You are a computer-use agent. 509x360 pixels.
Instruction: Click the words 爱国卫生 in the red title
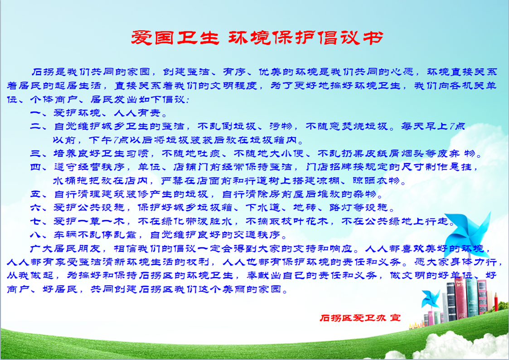(x=175, y=38)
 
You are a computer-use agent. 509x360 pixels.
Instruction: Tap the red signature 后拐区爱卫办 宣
(x=360, y=318)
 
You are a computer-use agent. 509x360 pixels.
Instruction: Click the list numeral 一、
(x=39, y=113)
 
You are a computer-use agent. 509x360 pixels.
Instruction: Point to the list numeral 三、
(x=39, y=153)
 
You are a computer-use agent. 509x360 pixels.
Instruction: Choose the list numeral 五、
(x=39, y=194)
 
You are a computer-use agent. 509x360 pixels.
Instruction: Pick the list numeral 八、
(x=39, y=235)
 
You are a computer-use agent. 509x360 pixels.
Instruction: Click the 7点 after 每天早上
(x=457, y=126)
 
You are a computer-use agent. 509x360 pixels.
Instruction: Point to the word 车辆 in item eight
(x=65, y=235)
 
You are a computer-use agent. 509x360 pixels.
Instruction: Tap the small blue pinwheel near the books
(x=430, y=299)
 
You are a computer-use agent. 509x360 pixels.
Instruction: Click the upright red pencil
(x=496, y=302)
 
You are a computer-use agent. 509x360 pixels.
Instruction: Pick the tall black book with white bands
(x=451, y=302)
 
